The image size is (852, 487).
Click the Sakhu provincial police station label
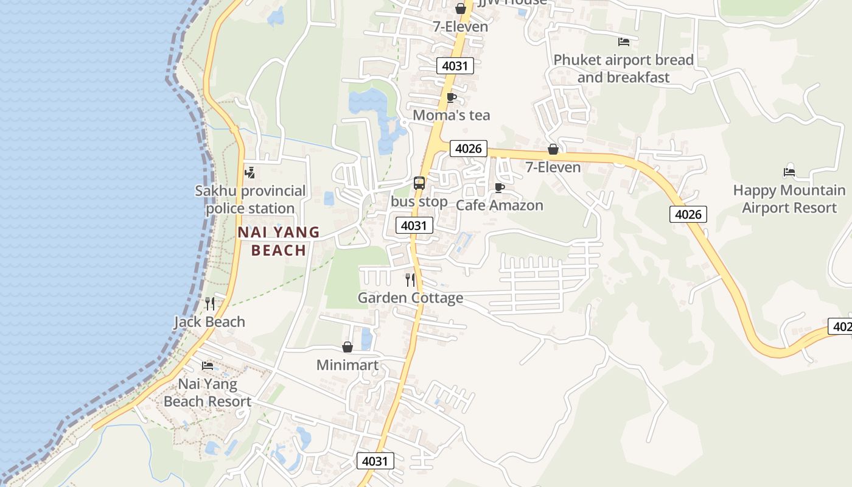pos(250,200)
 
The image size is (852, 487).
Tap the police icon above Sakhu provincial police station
pos(249,173)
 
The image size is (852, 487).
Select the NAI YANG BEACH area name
pos(279,241)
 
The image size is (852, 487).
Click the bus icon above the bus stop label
pos(419,183)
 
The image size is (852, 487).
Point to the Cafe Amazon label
pos(499,205)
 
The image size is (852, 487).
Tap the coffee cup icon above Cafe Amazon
pos(500,187)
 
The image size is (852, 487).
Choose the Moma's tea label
pos(451,115)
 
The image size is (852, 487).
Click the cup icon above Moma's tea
pos(451,97)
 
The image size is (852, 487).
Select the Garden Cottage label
pos(410,298)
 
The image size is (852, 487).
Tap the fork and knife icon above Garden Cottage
pos(410,280)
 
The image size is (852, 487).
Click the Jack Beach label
pos(209,321)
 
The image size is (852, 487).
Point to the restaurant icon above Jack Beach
pos(209,304)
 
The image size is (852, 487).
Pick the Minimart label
pos(347,365)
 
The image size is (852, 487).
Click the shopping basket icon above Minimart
pos(347,347)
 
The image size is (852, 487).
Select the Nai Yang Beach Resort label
pos(208,393)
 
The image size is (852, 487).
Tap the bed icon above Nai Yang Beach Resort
pos(208,366)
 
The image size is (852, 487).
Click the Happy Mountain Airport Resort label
pos(789,199)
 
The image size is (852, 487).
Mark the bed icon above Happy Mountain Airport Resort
pos(789,172)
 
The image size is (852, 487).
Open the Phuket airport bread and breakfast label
pos(623,69)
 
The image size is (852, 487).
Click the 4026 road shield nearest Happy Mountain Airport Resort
pos(688,214)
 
